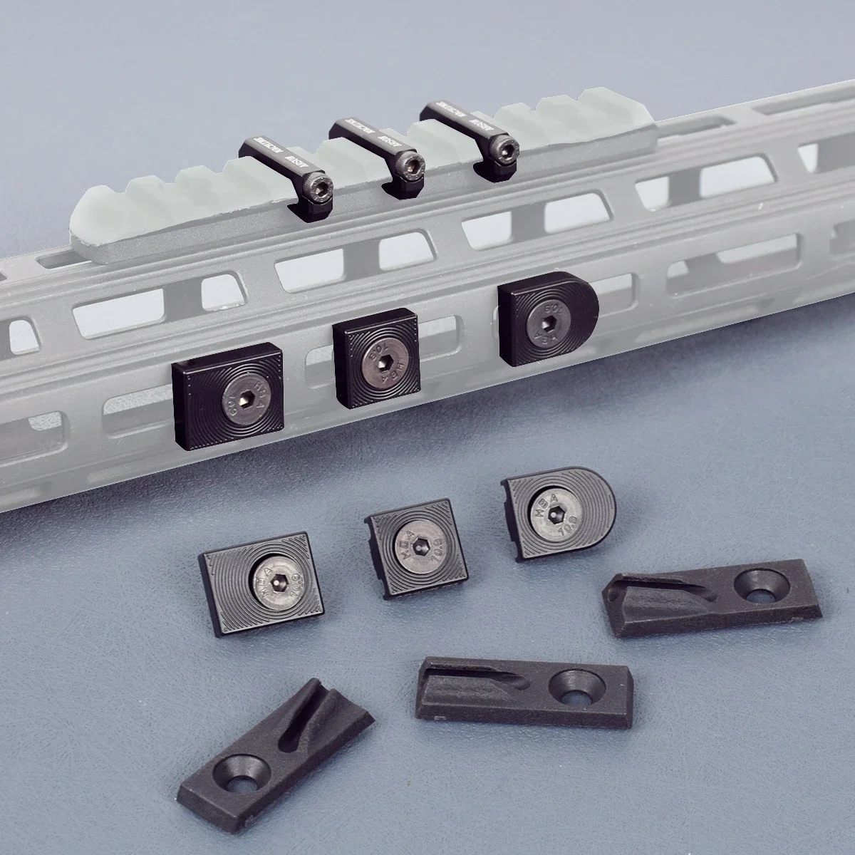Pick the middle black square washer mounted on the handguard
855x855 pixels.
(x=376, y=366)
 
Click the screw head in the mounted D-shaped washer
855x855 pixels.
(x=546, y=323)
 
